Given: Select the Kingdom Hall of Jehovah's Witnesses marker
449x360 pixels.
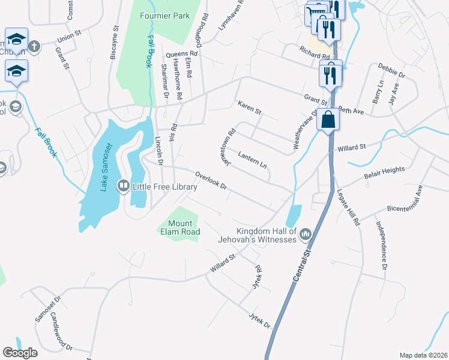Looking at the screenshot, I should (x=306, y=233).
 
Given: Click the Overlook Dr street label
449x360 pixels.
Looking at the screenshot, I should (x=211, y=181).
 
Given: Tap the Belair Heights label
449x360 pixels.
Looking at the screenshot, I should (x=384, y=170).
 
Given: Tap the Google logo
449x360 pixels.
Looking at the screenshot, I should (x=20, y=353).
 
